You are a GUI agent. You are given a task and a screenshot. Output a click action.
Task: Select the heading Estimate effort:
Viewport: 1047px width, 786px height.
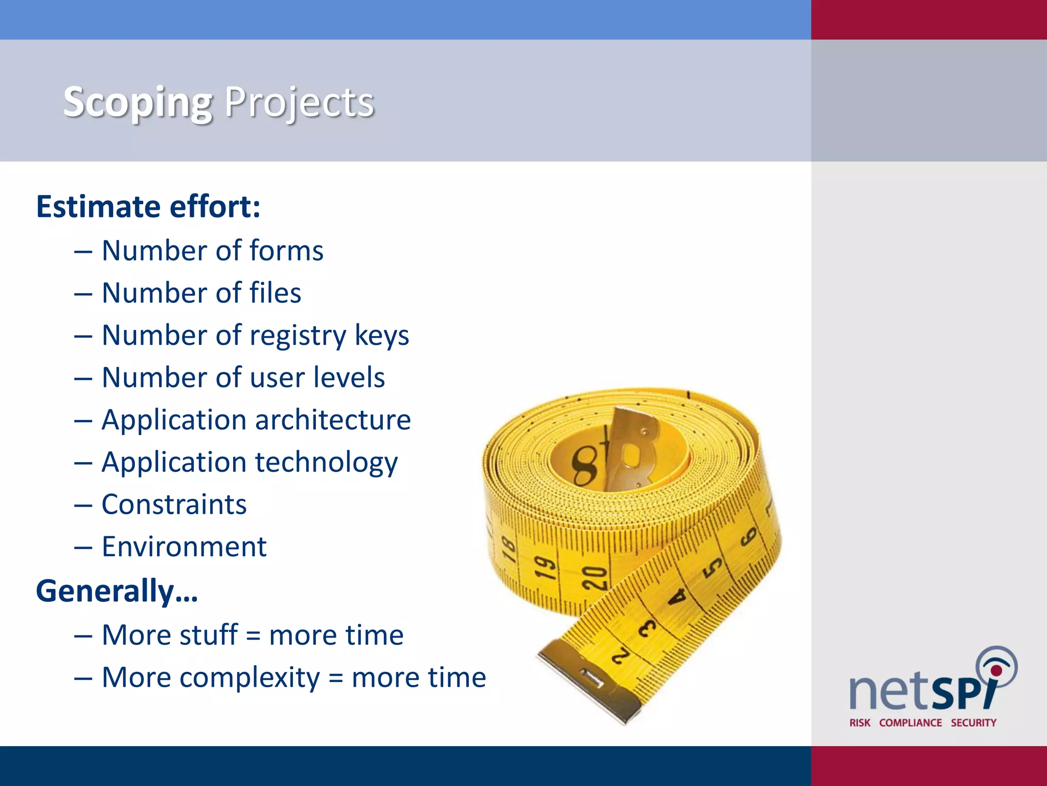pos(148,207)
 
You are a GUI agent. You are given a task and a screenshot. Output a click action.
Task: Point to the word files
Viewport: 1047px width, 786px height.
pos(275,293)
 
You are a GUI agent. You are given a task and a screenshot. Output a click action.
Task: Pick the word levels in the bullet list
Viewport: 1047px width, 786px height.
pos(349,378)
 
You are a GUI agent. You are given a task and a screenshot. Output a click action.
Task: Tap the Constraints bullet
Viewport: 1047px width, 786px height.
pos(174,505)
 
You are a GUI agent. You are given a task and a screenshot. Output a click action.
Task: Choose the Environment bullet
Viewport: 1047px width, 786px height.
pos(184,547)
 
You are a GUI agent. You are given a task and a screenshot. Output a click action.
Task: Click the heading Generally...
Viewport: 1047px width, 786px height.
pos(117,591)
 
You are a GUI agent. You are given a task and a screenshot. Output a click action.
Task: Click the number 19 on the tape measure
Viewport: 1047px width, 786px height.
pos(545,567)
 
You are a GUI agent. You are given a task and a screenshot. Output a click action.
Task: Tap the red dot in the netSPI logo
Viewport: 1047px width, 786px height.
pos(996,670)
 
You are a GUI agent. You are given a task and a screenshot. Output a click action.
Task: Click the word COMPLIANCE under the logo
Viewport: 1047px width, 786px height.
pos(910,723)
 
